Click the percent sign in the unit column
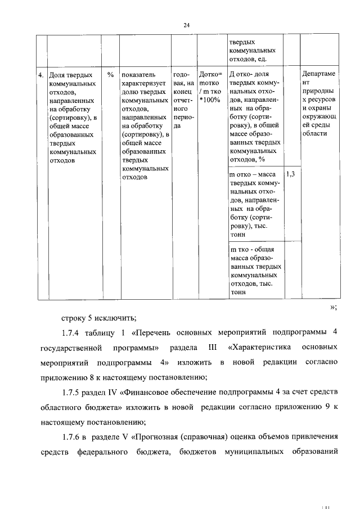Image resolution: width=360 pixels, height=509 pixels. [110, 74]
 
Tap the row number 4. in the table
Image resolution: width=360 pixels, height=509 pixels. [40, 74]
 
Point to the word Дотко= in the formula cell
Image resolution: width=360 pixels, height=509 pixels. [211, 74]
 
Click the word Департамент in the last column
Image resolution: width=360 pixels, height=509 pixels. [317, 78]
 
